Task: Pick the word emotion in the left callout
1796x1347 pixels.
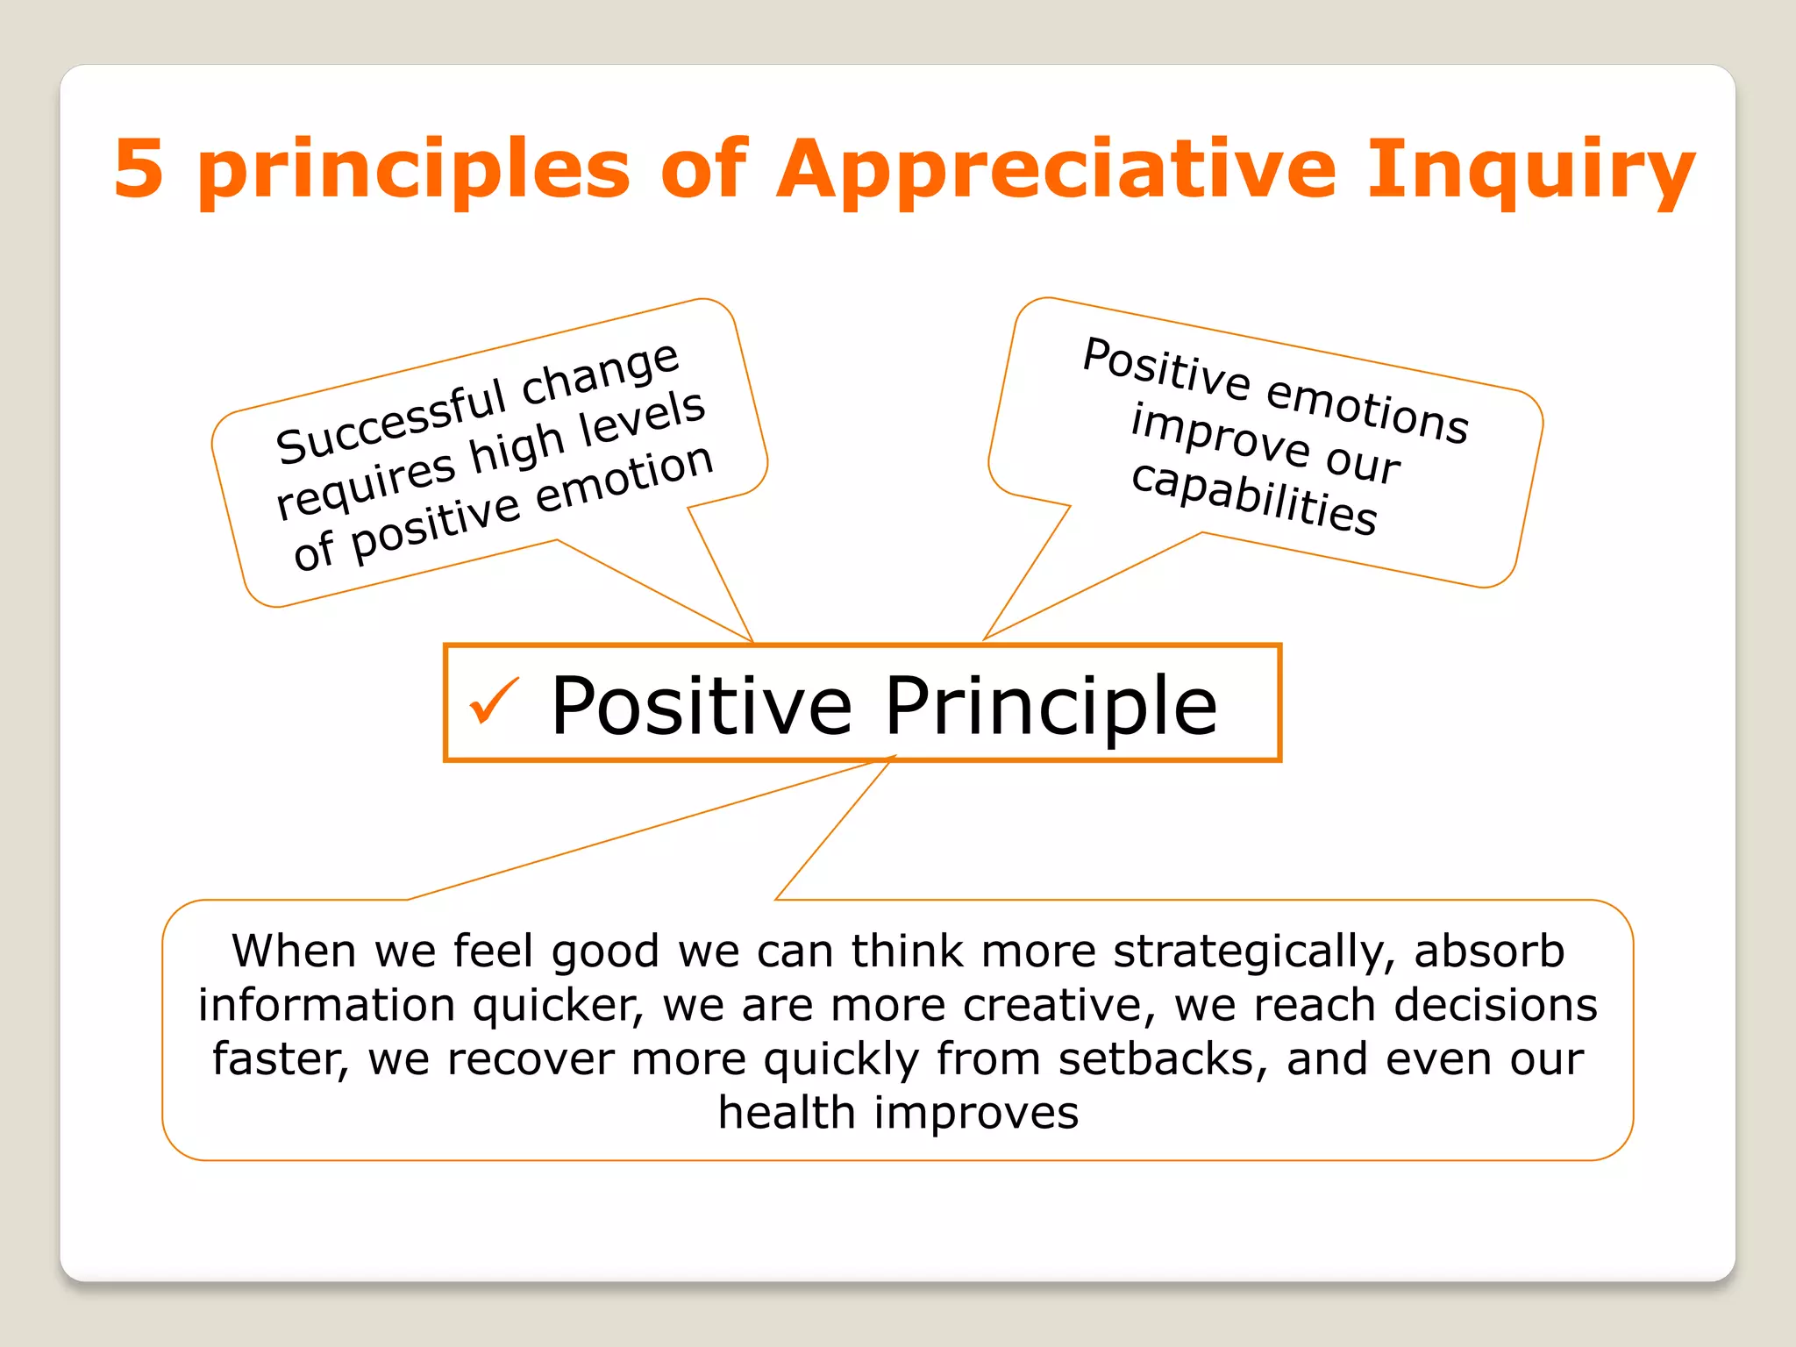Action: click(624, 479)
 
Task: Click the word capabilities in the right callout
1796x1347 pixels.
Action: click(1254, 498)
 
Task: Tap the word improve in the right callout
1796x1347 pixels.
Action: click(1219, 436)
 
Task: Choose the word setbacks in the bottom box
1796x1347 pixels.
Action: click(1163, 1059)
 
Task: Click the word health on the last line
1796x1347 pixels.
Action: click(786, 1113)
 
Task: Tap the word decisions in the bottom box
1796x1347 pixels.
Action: click(1495, 1005)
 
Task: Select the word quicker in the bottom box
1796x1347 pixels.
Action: click(558, 1007)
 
